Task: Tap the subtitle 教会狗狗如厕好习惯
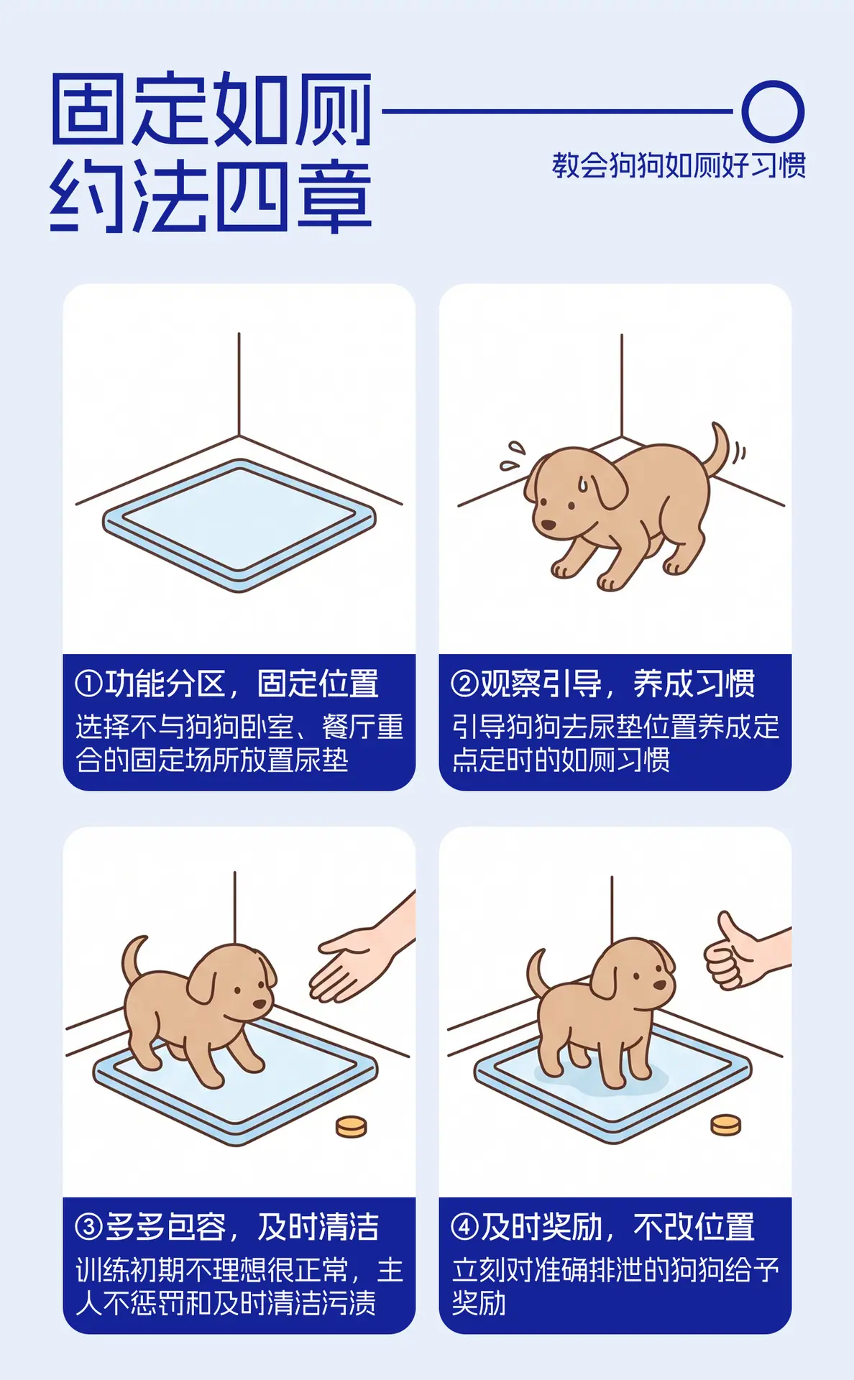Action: coord(679,165)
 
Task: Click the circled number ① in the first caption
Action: coord(89,684)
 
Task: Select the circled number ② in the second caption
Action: coord(464,684)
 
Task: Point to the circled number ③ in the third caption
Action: coord(89,1227)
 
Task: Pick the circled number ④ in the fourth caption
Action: coord(464,1227)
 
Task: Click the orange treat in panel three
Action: coord(352,1126)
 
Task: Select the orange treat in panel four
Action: coord(725,1125)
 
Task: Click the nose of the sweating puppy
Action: coord(548,525)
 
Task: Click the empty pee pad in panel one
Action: coord(239,525)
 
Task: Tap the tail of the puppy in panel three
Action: coord(133,960)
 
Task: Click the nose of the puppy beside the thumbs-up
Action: coord(659,985)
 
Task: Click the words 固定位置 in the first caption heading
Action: coord(318,684)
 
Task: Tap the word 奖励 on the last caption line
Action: coord(479,1303)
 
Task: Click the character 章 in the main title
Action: coord(334,196)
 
